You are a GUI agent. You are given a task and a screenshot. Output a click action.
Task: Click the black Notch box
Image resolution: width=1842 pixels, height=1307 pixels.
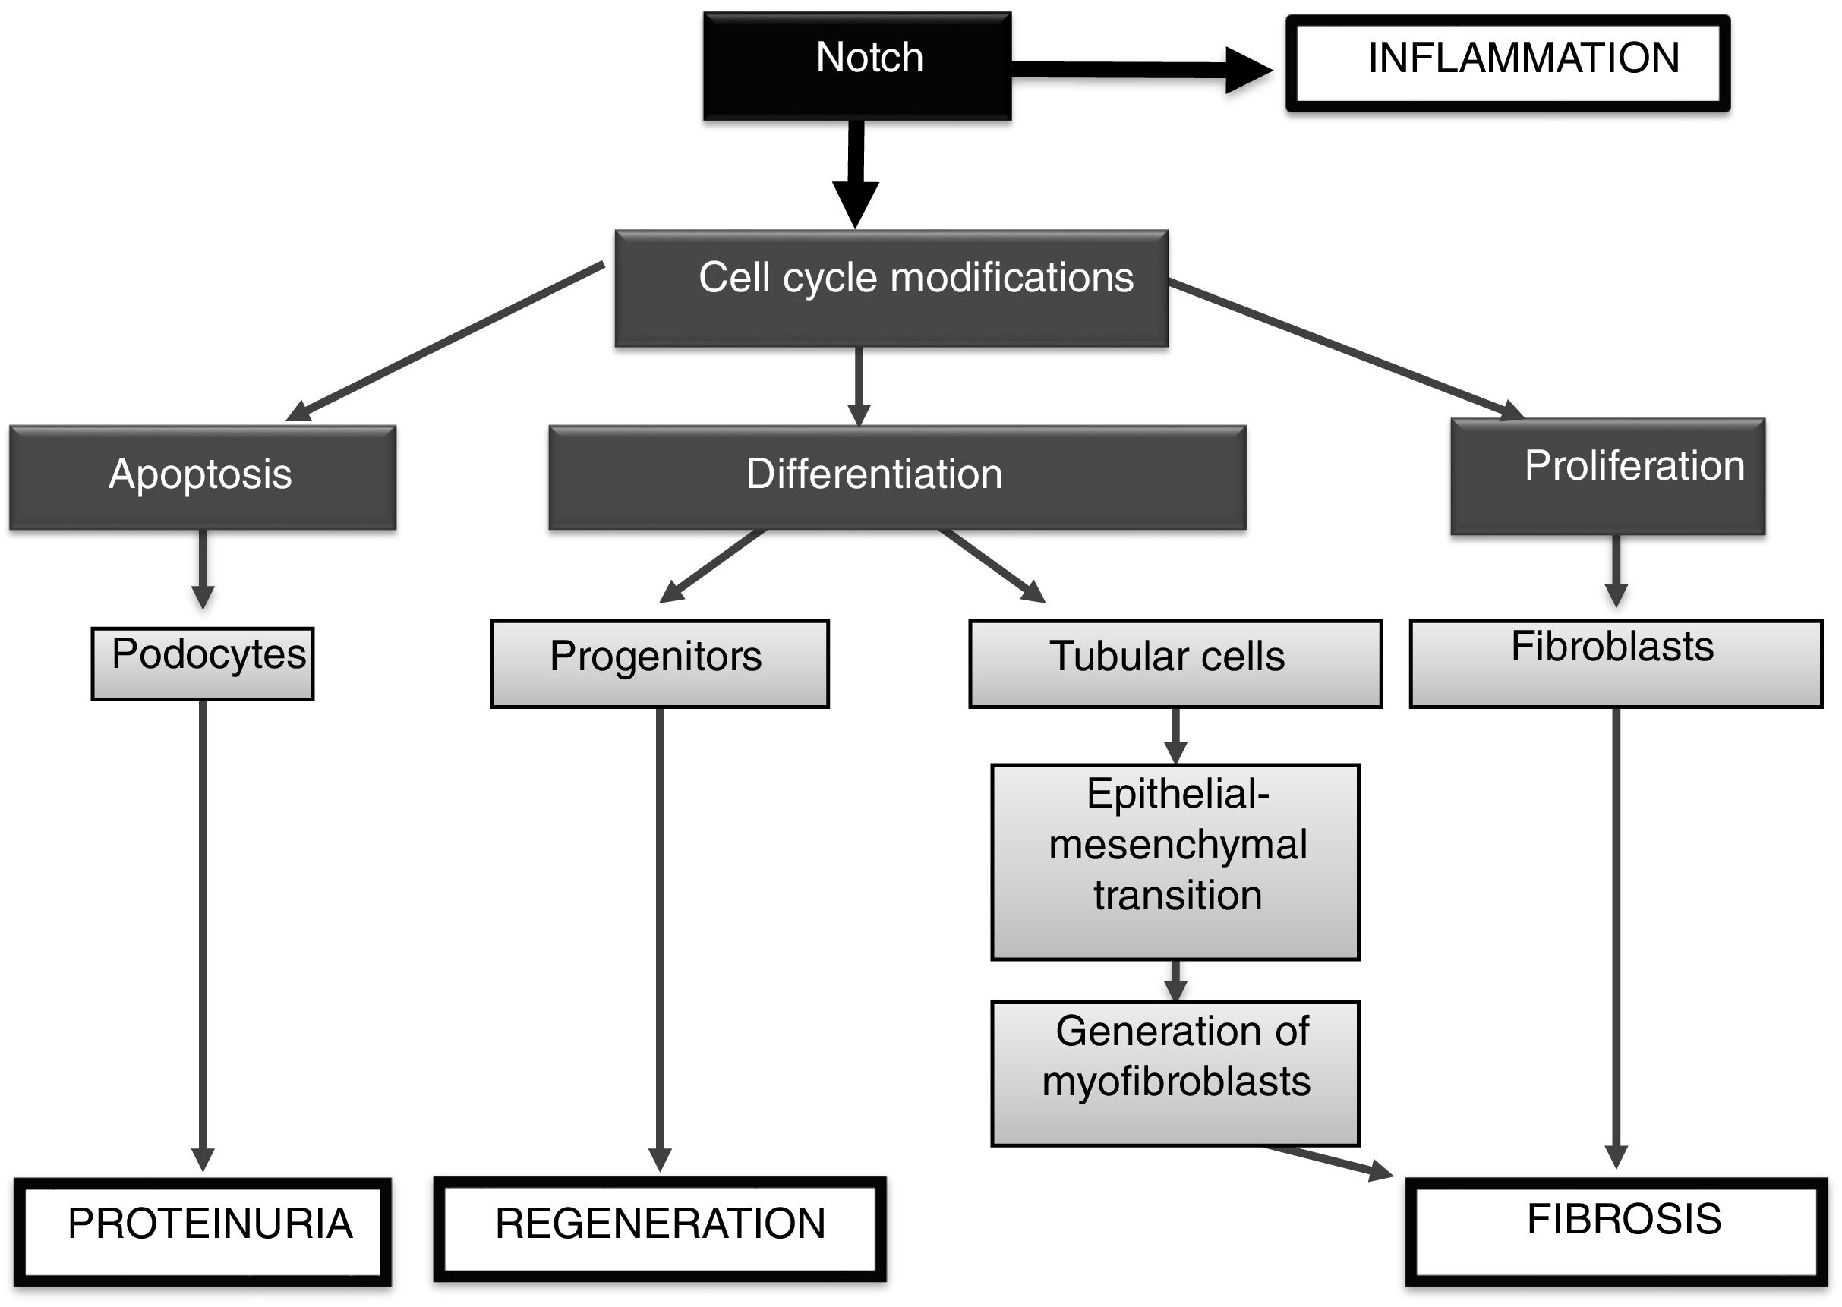tap(857, 66)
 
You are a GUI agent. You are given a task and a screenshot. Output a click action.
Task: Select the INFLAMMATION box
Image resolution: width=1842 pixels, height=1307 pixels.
tap(1507, 63)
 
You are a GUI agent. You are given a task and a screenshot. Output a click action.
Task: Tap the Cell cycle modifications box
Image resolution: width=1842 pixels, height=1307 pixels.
tap(891, 288)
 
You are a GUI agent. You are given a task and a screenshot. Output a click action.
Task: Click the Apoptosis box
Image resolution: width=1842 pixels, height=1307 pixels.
tap(203, 477)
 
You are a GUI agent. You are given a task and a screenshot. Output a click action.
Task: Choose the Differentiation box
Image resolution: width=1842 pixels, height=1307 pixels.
tap(897, 477)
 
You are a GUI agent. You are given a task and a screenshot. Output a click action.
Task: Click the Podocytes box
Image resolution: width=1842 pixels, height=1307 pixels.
tap(203, 663)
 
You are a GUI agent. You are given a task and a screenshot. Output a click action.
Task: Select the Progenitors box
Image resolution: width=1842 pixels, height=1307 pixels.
tap(659, 663)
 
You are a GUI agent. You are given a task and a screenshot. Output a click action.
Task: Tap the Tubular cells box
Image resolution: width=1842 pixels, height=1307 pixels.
tap(1175, 663)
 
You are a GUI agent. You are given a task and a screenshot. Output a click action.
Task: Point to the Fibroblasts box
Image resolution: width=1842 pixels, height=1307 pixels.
tap(1616, 663)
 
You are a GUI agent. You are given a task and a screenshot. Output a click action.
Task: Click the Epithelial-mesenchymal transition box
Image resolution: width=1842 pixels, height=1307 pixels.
tap(1175, 861)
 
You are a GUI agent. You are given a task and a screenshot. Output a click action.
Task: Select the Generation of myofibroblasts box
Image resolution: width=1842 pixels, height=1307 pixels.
tap(1175, 1072)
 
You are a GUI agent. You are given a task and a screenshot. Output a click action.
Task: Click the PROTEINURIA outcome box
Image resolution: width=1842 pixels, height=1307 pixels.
tap(203, 1231)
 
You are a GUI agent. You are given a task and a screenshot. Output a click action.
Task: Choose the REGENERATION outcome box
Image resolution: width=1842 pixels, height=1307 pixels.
tap(659, 1229)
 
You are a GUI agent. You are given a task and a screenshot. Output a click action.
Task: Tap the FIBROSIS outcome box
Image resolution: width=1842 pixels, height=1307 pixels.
tap(1616, 1231)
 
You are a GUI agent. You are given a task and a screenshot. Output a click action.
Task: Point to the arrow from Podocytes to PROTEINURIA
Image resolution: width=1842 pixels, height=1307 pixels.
tap(203, 934)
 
